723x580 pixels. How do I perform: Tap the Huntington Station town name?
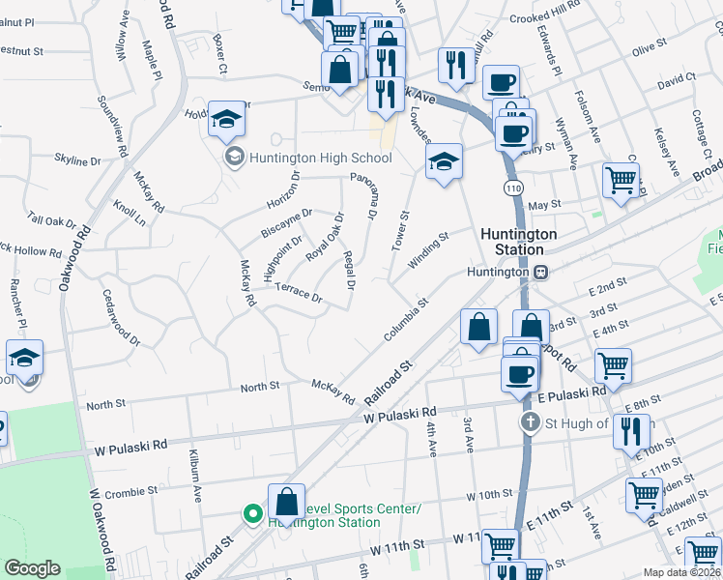pos(519,242)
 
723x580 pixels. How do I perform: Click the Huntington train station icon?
pos(542,273)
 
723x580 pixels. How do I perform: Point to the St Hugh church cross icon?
pos(530,422)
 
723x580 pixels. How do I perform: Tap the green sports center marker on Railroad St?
pos(252,514)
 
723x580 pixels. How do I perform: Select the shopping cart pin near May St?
pos(620,180)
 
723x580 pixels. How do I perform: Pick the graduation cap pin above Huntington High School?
pos(226,119)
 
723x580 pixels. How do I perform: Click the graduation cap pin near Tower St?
pos(444,161)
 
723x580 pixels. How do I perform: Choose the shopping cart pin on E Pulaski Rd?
pos(613,366)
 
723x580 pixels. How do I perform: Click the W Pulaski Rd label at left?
pos(131,446)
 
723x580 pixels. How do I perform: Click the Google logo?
pos(32,568)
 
